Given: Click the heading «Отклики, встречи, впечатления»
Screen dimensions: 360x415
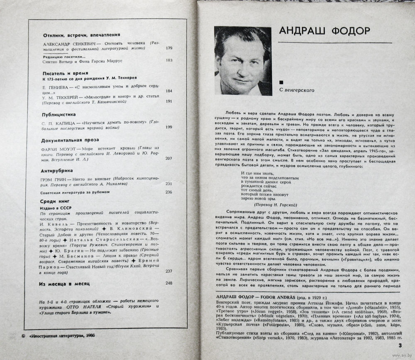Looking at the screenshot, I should (x=81, y=35).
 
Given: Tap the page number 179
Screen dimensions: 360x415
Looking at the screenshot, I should (x=168, y=48).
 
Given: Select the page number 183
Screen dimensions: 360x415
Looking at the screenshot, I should (x=168, y=60).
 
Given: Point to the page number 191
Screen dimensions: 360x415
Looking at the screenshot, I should (x=168, y=101).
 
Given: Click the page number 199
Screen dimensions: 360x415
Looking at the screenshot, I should (x=168, y=127).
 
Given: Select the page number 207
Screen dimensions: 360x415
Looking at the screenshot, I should (x=168, y=158).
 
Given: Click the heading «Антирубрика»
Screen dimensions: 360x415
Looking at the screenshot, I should (x=57, y=170).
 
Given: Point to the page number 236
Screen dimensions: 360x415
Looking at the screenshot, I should (x=168, y=192).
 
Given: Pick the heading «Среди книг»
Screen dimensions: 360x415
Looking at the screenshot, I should (x=54, y=201).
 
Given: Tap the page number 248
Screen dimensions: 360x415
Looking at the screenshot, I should (x=168, y=283).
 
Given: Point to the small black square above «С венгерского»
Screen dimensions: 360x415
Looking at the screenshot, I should (x=282, y=82).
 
